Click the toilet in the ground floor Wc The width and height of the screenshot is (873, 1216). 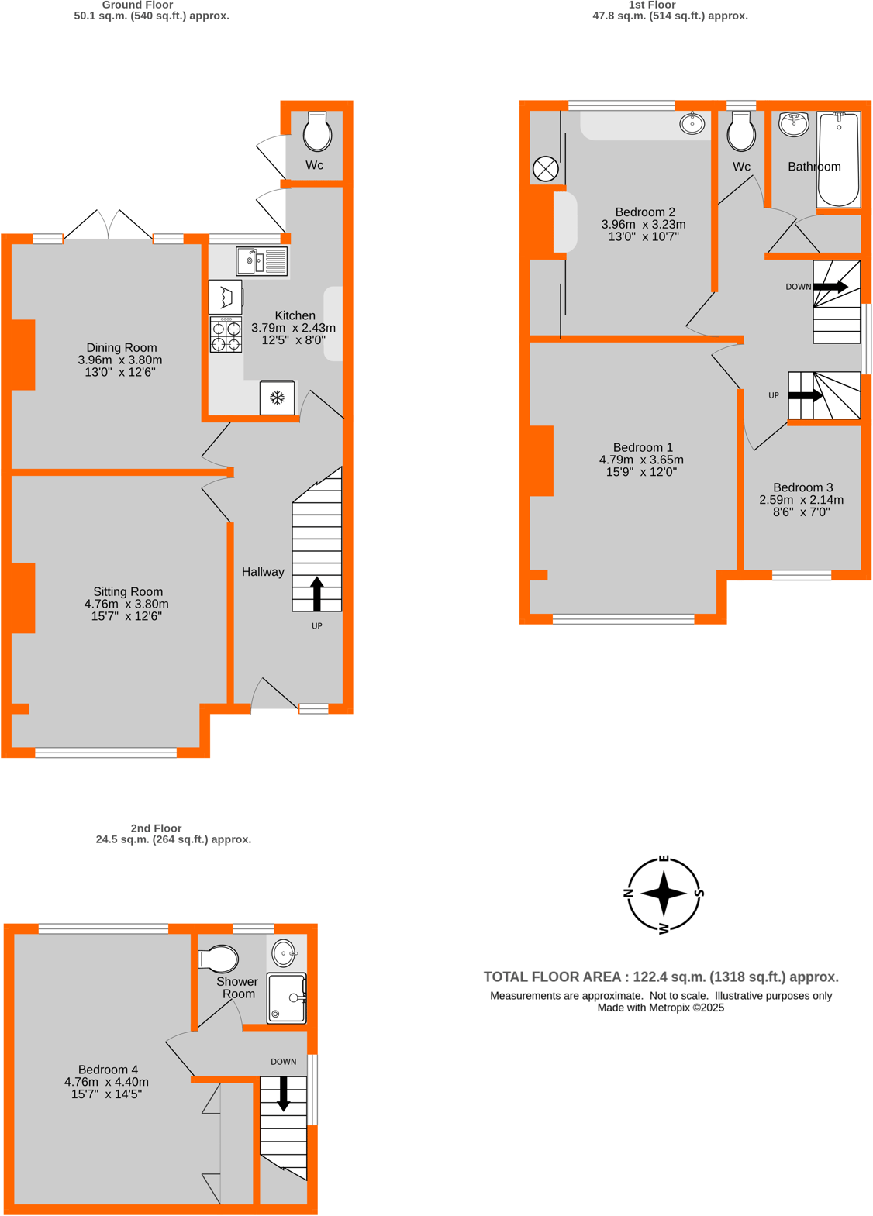317,132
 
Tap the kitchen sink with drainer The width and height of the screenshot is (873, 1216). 262,261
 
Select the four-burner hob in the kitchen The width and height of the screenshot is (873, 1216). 226,336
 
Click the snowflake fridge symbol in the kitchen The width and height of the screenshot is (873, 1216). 277,398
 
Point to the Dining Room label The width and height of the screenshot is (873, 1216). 122,348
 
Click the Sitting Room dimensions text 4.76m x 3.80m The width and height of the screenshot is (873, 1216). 126,605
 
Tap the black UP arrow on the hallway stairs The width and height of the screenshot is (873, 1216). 316,594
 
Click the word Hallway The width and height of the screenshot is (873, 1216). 263,572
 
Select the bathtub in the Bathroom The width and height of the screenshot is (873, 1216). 838,160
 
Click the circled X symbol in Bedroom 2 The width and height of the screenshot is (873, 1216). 546,168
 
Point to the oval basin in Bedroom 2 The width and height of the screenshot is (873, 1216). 692,123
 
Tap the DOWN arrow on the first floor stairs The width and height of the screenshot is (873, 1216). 830,287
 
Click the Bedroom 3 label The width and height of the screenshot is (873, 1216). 802,487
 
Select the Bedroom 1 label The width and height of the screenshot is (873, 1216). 643,447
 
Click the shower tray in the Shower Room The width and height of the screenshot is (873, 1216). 286,998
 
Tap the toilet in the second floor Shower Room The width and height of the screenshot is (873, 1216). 219,959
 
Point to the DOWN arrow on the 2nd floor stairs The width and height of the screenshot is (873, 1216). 284,1093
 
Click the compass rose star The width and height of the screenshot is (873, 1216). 664,893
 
